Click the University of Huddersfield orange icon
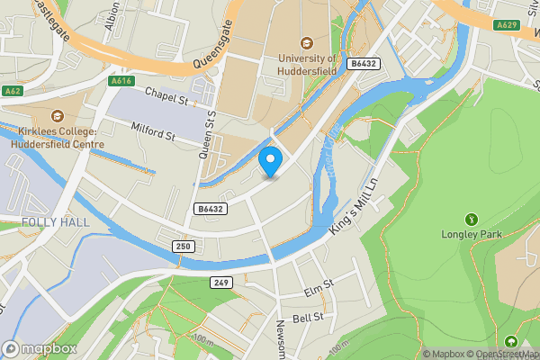click(x=308, y=41)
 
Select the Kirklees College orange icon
click(x=58, y=115)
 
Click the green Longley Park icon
click(x=469, y=219)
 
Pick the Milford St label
click(x=152, y=131)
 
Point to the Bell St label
click(x=308, y=318)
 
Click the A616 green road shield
click(x=123, y=81)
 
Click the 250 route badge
click(x=184, y=246)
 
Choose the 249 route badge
click(x=221, y=283)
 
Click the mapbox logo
click(x=40, y=348)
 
